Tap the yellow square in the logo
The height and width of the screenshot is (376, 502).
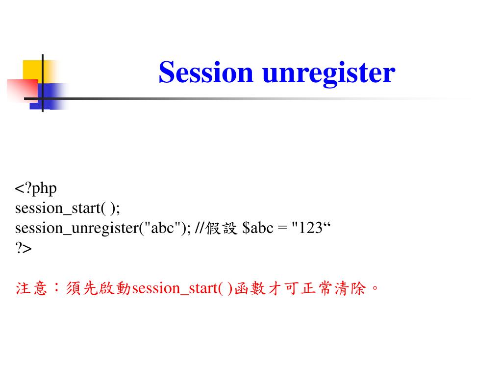tap(32, 69)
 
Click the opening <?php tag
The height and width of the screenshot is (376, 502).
tap(36, 188)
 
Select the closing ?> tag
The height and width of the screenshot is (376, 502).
tap(23, 248)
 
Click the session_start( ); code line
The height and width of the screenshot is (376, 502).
tap(67, 209)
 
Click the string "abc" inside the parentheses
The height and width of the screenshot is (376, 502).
tap(161, 228)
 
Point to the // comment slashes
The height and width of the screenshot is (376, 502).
tap(199, 228)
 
